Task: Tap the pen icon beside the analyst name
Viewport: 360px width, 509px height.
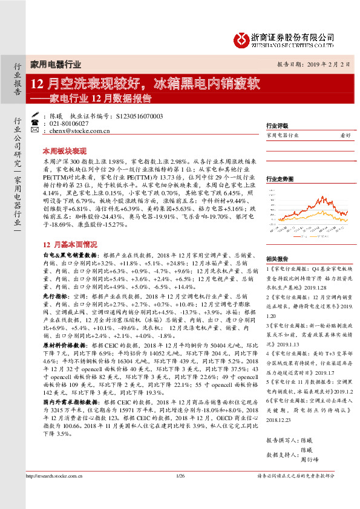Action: [x=36, y=114]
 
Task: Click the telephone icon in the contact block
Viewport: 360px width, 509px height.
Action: [x=36, y=122]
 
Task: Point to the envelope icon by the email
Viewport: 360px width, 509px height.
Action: [x=36, y=130]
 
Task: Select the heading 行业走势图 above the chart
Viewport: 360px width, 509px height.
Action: [x=280, y=180]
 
